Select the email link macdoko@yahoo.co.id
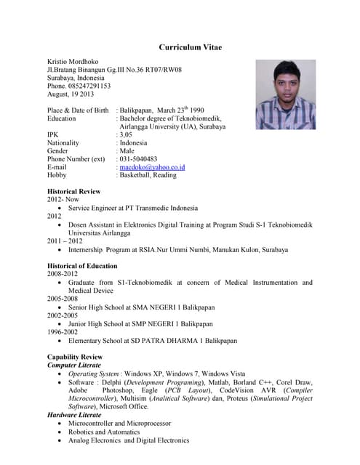(x=152, y=167)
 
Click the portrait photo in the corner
(x=285, y=94)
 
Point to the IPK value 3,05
(x=126, y=134)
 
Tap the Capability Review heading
(x=75, y=357)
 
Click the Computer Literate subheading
(x=77, y=365)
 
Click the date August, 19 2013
(x=71, y=94)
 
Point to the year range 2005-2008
(x=63, y=299)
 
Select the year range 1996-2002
(x=63, y=331)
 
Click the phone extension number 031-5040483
(x=146, y=158)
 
